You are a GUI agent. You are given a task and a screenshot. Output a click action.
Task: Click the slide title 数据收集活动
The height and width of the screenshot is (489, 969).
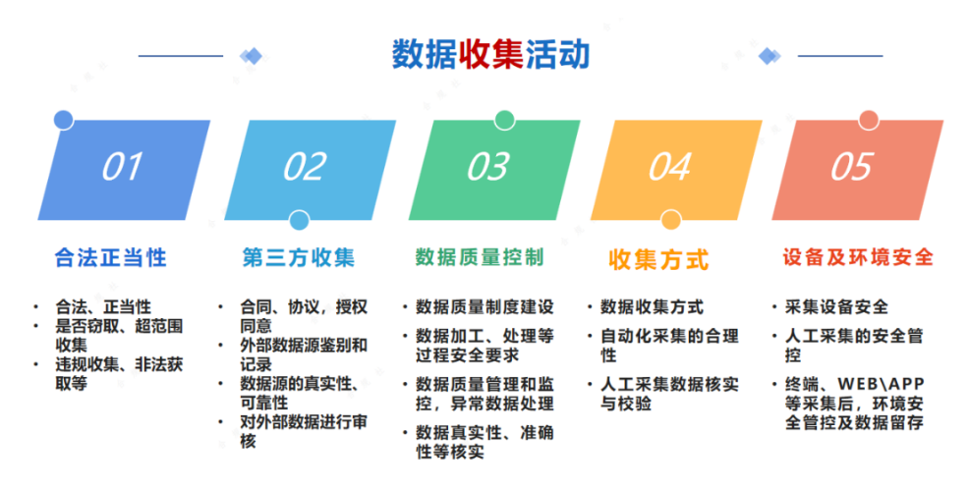[x=490, y=54]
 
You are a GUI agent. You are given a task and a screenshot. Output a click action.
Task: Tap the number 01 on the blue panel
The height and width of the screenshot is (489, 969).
[x=122, y=167]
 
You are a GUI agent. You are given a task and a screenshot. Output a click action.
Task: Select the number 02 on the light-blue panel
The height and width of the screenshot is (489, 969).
[x=305, y=167]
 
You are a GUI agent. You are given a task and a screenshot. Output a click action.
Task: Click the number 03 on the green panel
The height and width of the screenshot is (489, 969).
[x=488, y=167]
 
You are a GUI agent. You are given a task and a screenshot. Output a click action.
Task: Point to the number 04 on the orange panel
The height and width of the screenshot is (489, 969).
[x=670, y=167]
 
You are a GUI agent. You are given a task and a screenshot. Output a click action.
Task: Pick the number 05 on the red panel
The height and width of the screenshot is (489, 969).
[x=852, y=167]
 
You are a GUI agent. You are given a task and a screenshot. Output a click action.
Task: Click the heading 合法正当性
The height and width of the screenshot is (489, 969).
[x=111, y=257]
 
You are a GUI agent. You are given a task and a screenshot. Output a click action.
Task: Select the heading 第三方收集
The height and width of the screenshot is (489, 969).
[x=299, y=257]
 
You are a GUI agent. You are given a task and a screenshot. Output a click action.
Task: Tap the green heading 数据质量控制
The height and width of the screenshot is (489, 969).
[x=480, y=257]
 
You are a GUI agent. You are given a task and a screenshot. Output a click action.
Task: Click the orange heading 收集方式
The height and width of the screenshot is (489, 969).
[x=658, y=260]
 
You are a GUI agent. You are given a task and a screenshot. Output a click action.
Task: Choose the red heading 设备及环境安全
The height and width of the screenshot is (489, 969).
[x=858, y=257]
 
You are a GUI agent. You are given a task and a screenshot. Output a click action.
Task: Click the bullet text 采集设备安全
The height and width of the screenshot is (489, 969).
[x=836, y=307]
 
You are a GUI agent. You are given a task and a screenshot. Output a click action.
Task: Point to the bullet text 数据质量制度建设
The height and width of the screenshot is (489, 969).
[x=484, y=307]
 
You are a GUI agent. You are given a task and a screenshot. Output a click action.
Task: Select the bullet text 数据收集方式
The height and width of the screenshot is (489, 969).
[x=652, y=307]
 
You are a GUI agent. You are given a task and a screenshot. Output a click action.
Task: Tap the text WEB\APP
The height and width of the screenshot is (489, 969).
[x=881, y=384]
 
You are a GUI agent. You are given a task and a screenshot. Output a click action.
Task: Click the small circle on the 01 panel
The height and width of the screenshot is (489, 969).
[x=64, y=120]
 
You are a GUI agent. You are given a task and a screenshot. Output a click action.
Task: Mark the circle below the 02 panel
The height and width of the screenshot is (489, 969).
[x=299, y=220]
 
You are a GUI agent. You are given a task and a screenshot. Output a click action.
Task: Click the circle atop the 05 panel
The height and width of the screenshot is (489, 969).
[x=869, y=120]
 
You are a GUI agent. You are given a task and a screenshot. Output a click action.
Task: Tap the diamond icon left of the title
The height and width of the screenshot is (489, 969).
[x=251, y=56]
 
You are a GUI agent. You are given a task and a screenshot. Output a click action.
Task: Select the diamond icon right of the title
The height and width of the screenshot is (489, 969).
[x=769, y=56]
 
